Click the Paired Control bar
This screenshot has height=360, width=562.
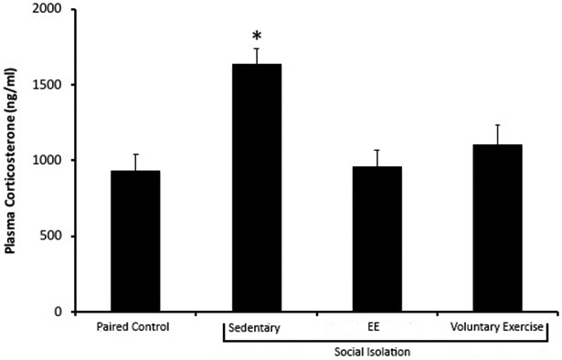(135, 241)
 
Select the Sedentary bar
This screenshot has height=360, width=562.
(256, 188)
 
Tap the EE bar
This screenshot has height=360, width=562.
(377, 239)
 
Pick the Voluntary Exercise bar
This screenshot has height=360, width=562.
(498, 228)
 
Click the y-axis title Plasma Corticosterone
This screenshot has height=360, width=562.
(12, 161)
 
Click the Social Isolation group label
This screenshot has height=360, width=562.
(376, 350)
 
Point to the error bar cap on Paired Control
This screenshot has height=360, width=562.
(135, 154)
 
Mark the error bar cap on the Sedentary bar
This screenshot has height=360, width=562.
(257, 48)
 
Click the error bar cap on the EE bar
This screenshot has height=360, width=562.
(377, 150)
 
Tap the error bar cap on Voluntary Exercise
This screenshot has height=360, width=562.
(498, 125)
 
